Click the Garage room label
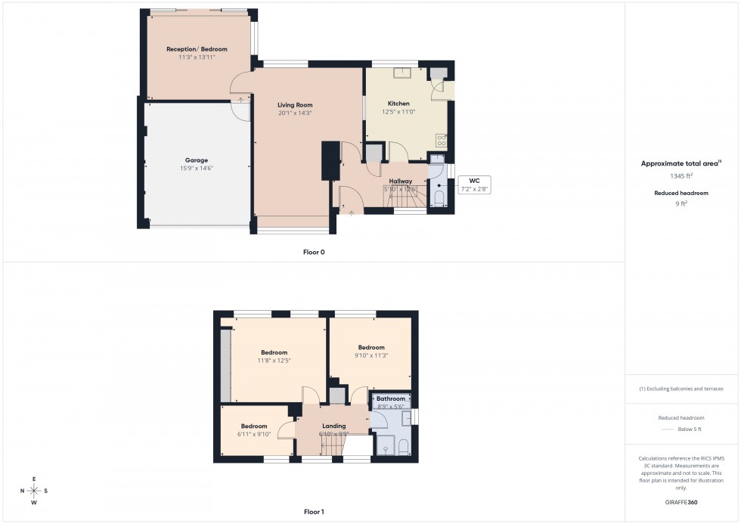point(197,160)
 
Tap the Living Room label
point(295,105)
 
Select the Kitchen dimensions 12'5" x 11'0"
point(398,113)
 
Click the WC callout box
point(474,184)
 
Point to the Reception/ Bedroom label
point(197,49)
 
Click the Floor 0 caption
point(314,252)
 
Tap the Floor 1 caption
point(314,512)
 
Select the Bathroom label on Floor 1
point(391,398)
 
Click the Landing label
point(333,426)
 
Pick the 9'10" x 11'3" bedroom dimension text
point(371,356)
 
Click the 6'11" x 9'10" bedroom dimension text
point(254,434)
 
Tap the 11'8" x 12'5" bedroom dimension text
point(274,361)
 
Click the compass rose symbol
point(35,491)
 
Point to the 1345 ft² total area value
point(681,175)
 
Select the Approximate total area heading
point(681,163)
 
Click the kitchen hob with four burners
point(441,140)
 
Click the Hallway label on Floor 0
point(401,181)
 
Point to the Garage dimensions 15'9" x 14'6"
point(197,169)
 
